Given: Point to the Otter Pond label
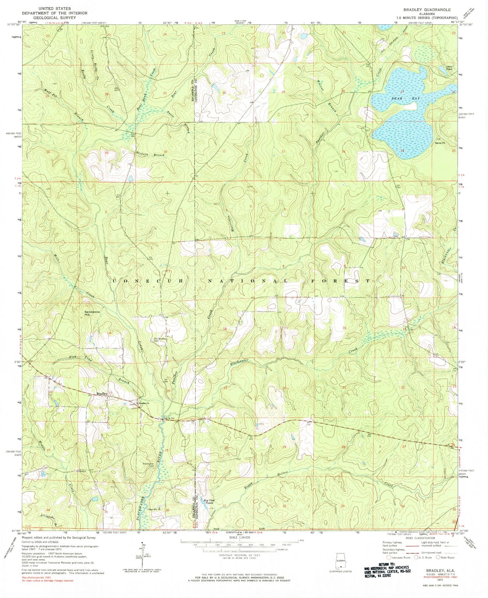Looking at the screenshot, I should point(449,67).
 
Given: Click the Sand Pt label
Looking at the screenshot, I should point(440,143).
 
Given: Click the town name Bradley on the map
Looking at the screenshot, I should point(102,394).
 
